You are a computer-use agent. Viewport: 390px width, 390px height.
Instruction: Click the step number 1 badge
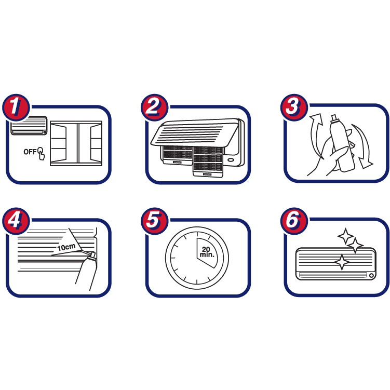pos(16,107)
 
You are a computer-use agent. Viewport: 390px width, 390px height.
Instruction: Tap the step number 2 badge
pos(154,107)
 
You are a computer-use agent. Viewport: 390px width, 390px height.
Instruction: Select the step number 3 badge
pos(294,107)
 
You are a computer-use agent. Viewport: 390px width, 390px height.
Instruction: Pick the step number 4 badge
pos(16,221)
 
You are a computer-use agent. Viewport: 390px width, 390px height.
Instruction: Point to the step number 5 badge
pos(154,221)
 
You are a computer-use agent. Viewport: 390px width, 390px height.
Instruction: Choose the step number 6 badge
pos(294,221)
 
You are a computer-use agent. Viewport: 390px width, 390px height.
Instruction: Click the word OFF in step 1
pos(30,152)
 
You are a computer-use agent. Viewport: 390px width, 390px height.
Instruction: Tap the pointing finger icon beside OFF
pos(41,154)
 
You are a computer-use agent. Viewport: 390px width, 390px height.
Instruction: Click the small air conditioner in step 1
pos(29,126)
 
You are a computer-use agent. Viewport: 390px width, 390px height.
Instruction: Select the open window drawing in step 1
pos(76,143)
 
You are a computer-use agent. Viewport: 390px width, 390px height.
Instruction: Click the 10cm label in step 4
pos(66,247)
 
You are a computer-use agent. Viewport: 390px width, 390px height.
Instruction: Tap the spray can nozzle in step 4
pos(92,255)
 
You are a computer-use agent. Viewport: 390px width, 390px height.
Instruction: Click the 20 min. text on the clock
pos(207,252)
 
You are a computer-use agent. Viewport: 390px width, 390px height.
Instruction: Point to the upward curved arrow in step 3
pos(314,136)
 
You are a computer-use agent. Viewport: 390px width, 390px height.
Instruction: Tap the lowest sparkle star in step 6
pos(342,262)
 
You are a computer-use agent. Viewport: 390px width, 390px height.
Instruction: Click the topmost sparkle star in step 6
pos(345,236)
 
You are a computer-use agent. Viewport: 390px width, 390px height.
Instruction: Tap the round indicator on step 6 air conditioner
pos(371,276)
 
